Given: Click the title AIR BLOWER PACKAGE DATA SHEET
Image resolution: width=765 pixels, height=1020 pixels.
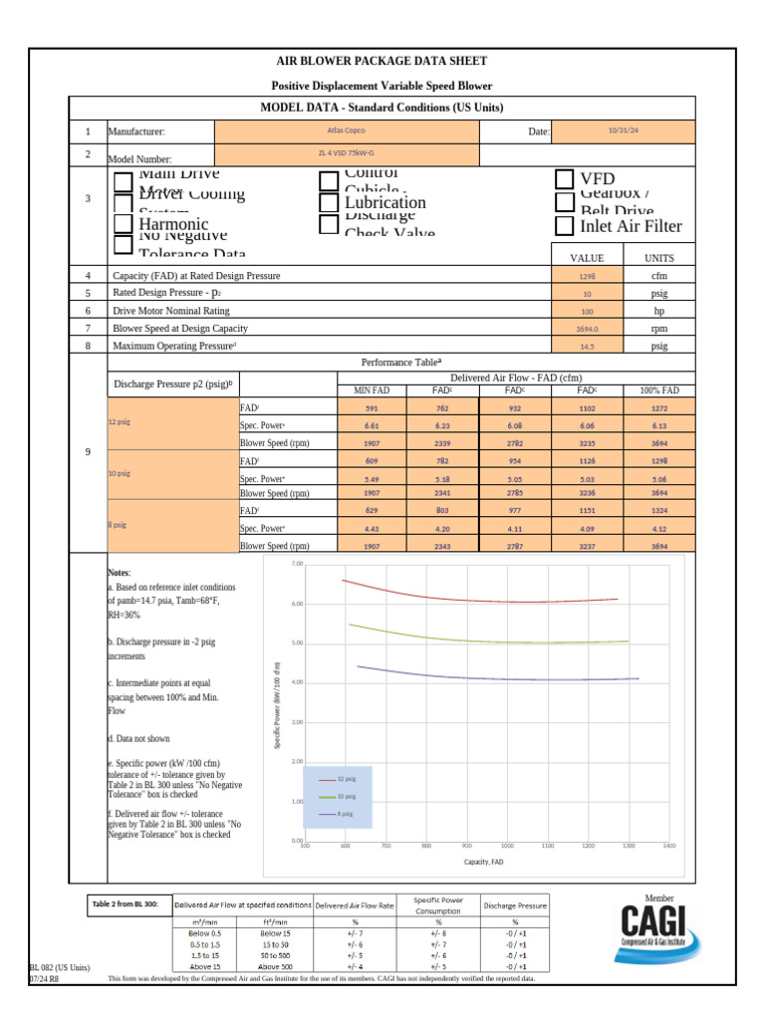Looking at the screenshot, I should click(382, 62).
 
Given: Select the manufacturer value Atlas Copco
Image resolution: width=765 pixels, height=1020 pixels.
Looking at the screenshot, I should click(347, 129).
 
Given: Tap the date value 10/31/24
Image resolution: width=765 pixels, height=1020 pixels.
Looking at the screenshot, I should click(623, 129).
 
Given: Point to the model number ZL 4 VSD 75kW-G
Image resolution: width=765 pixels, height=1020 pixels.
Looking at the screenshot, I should click(347, 154).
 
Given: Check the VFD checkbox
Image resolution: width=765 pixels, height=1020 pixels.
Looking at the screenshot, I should click(565, 178).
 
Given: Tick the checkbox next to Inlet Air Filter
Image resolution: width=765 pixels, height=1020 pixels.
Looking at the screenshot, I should click(565, 226).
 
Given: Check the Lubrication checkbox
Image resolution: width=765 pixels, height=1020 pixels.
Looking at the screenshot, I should click(329, 202).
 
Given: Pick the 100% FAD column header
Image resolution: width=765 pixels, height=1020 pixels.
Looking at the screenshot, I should click(659, 390).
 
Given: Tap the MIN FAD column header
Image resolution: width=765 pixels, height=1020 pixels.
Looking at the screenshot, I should click(372, 390).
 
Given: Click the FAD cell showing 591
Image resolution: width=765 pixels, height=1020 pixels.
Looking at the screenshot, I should click(372, 407).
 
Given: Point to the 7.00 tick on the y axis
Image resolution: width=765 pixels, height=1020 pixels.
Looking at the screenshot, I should click(296, 564).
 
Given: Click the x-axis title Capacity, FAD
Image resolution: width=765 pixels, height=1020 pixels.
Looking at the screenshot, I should click(483, 861).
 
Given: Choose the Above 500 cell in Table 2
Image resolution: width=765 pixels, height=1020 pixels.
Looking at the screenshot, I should click(271, 966).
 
